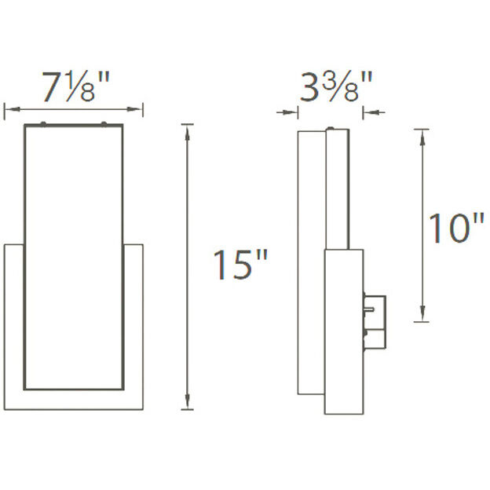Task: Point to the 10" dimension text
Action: [455, 229]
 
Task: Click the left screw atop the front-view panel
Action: [43, 122]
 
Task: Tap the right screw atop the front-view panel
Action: [104, 122]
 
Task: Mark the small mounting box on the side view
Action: [375, 320]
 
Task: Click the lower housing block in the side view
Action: [343, 330]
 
